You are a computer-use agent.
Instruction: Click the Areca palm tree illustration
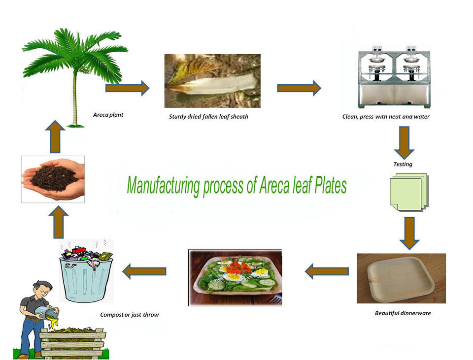74,74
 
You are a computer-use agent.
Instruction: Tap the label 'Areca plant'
108,115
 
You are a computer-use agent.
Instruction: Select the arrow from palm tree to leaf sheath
127,88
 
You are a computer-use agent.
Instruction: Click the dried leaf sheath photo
212,81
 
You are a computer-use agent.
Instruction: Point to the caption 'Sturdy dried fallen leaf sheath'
208,117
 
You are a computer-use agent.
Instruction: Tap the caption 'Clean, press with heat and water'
386,117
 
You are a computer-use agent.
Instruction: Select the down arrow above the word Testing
404,142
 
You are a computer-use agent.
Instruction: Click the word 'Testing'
403,164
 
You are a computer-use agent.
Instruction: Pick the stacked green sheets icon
408,192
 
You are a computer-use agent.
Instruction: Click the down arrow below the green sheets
409,232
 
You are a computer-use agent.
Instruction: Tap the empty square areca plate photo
401,278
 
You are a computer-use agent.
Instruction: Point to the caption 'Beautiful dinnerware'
403,313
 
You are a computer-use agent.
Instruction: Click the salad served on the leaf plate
235,277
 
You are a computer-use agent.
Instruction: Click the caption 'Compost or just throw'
129,315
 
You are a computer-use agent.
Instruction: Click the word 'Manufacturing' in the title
163,186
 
